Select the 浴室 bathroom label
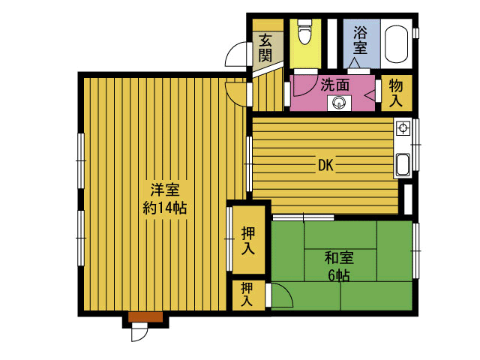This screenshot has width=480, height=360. [360, 40]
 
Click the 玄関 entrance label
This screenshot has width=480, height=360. [265, 48]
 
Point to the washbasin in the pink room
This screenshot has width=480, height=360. [339, 103]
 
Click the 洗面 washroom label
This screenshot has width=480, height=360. [335, 85]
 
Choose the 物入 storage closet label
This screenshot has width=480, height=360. [396, 93]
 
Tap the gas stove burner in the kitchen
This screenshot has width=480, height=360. [403, 128]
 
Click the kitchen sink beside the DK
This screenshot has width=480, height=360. [403, 165]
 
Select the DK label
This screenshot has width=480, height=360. [325, 166]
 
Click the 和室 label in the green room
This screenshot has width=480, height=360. [339, 258]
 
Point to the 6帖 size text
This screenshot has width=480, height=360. [339, 276]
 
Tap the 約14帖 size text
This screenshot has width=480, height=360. [165, 208]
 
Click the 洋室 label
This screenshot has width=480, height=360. [165, 190]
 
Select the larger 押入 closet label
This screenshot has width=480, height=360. [248, 241]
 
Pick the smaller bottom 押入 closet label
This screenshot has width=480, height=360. [247, 295]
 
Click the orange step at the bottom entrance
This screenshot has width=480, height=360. [145, 316]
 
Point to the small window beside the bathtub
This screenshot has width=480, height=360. [415, 33]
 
